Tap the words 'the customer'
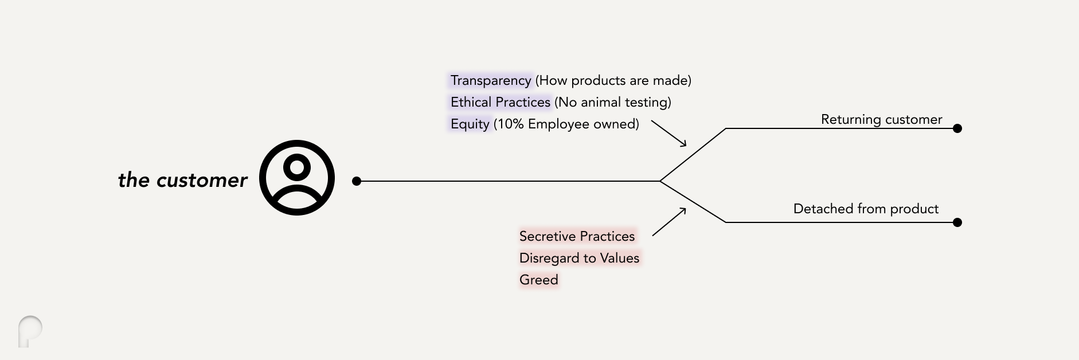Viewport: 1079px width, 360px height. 182,180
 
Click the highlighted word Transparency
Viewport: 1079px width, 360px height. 491,80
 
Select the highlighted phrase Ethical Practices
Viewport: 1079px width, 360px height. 500,102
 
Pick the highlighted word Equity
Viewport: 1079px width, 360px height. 470,124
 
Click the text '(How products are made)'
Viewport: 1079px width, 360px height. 613,80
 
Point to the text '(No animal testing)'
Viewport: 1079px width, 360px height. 613,102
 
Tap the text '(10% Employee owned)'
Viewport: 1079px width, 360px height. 566,124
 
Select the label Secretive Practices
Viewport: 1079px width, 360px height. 577,236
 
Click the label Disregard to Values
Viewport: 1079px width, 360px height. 579,258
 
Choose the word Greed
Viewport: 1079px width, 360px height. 539,280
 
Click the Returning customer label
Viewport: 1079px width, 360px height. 881,119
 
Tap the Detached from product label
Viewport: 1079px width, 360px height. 866,209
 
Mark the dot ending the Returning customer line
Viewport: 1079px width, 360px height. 957,128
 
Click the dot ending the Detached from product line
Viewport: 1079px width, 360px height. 957,222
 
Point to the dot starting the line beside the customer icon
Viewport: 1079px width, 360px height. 357,181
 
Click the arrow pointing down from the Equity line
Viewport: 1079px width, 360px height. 669,134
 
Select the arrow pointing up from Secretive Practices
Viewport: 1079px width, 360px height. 669,222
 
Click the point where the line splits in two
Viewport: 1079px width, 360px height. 660,181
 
